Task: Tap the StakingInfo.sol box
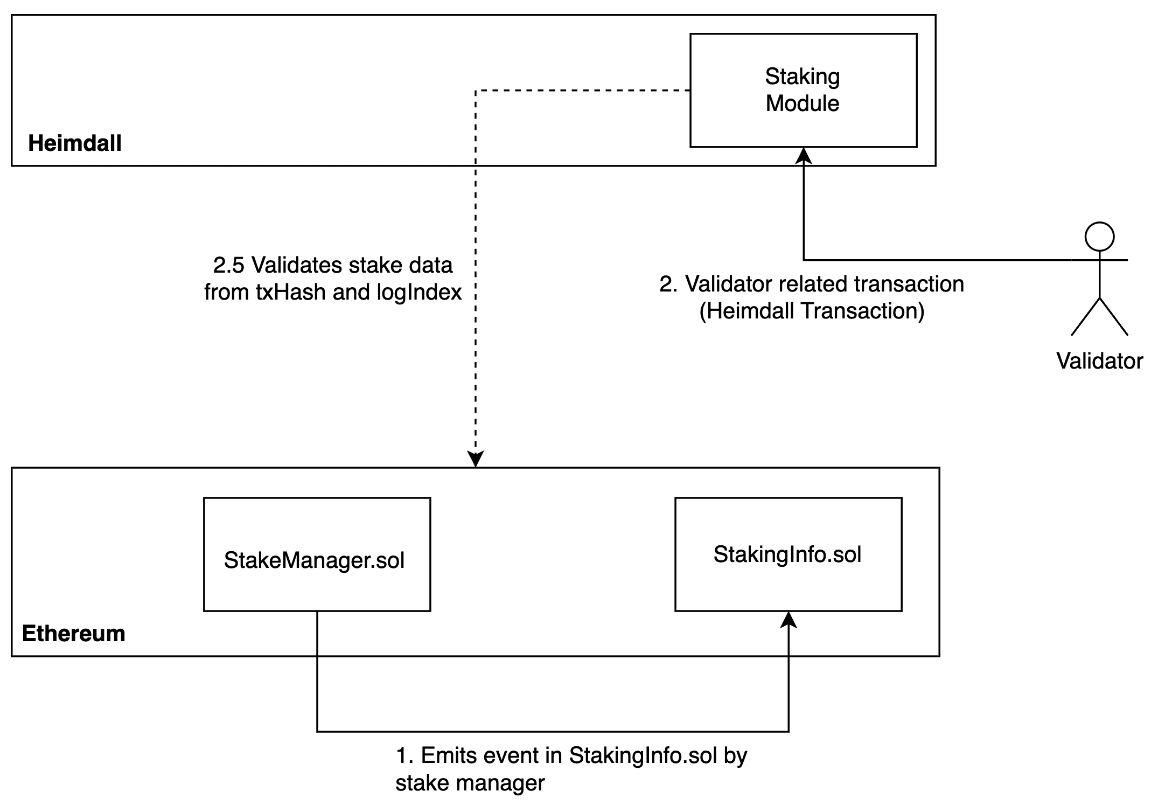(787, 554)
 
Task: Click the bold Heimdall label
(75, 143)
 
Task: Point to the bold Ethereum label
(74, 634)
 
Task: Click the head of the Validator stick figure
(1099, 237)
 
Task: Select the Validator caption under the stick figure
(1099, 361)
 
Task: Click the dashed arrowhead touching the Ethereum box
(476, 459)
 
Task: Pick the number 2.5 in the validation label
(228, 265)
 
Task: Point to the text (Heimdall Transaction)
(812, 311)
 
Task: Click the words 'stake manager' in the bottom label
(470, 782)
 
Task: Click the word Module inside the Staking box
(803, 103)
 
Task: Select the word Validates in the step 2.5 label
(297, 265)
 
